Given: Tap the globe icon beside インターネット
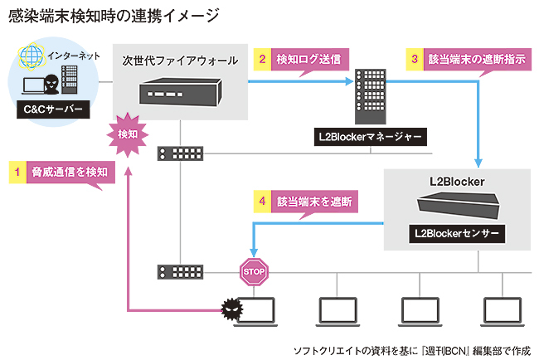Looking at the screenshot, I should click(x=32, y=57).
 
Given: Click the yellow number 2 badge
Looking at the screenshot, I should click(x=262, y=59).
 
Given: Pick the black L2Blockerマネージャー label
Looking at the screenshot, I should click(x=370, y=135).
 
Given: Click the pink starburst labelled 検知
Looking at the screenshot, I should click(x=127, y=134).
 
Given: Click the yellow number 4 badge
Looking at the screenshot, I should click(x=262, y=201).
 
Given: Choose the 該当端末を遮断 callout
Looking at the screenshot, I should click(x=312, y=201).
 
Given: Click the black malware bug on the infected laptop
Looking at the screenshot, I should click(x=230, y=309).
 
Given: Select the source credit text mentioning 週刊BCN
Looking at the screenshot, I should click(x=411, y=349).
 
